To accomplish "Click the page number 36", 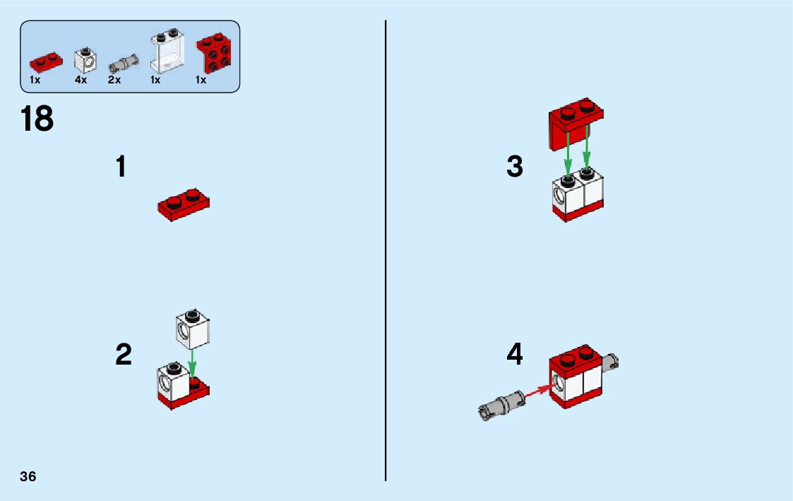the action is (28, 476).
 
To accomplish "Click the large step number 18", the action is (37, 119).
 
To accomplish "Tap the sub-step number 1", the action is (121, 167).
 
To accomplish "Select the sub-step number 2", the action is (124, 354).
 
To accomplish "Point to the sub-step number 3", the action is (514, 167).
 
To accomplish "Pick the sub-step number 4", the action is (514, 354).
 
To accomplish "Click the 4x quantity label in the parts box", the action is (81, 80).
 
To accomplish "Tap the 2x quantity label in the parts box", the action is (114, 80).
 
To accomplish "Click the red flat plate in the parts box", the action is (46, 61).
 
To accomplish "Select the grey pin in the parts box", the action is (124, 64).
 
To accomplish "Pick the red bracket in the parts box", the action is (213, 52).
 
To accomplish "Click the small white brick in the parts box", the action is (85, 60).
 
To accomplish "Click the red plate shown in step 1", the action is (184, 204).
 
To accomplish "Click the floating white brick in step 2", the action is (193, 329).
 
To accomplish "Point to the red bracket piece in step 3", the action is (576, 123).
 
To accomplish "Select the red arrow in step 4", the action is (539, 391).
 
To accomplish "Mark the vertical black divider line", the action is (386, 250).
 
